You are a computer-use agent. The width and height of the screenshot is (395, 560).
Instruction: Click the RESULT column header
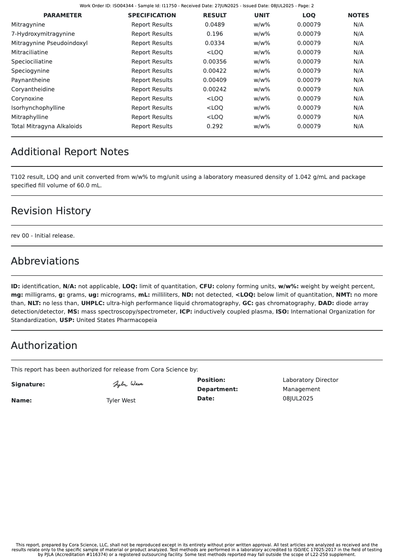point(215,15)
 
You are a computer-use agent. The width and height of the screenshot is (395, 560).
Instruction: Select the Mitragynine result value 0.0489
point(215,25)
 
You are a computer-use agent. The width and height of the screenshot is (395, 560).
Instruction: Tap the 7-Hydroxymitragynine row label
point(43,34)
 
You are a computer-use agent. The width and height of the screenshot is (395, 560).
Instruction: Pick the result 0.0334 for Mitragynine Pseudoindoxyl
point(215,43)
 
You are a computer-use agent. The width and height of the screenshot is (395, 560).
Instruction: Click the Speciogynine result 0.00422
point(215,71)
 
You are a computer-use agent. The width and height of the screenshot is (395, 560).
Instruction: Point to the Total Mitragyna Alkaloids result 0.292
point(215,126)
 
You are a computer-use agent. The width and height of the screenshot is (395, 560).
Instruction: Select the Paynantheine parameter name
point(31,80)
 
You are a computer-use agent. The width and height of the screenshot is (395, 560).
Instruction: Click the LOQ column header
point(309,15)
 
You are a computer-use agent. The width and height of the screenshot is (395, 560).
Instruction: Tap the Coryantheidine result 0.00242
point(215,89)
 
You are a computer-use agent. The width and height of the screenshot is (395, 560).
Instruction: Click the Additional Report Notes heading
point(70,152)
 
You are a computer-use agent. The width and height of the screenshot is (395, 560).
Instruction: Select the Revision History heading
point(51,211)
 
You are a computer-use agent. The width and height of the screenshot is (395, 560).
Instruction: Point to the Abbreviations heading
point(45,261)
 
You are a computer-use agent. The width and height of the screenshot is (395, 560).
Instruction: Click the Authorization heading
point(44,346)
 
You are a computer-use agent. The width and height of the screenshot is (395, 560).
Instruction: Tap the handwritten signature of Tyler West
point(128,384)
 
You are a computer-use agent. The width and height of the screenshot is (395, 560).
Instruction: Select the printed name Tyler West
point(121,400)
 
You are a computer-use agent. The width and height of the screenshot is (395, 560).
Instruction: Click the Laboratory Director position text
point(310,380)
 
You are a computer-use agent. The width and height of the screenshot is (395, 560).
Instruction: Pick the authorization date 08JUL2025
point(298,398)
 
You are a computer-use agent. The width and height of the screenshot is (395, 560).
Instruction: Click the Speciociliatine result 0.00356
point(215,62)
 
